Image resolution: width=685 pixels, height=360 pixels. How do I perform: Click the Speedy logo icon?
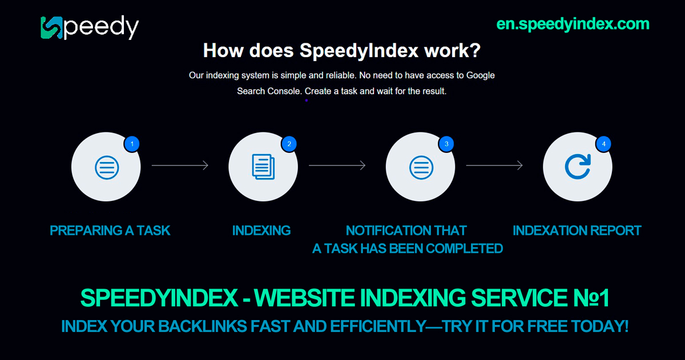pyautogui.click(x=52, y=28)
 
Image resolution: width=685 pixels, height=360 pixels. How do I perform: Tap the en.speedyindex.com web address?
pyautogui.click(x=573, y=24)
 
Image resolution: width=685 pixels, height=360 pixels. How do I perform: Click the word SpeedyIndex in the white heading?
pyautogui.click(x=358, y=50)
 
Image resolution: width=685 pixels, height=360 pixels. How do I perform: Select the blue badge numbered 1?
pyautogui.click(x=132, y=144)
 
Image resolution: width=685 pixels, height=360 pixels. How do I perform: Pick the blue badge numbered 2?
pyautogui.click(x=289, y=144)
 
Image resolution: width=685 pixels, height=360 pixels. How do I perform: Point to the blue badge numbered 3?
pyautogui.click(x=446, y=144)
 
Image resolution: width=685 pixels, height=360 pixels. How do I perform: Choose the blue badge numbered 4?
pyautogui.click(x=603, y=144)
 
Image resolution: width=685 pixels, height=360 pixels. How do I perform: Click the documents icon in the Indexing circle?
pyautogui.click(x=263, y=167)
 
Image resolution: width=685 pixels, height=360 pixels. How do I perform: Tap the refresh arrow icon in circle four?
pyautogui.click(x=578, y=167)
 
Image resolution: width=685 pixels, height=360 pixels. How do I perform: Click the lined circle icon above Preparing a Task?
pyautogui.click(x=107, y=168)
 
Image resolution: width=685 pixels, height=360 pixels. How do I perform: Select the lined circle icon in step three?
pyautogui.click(x=421, y=168)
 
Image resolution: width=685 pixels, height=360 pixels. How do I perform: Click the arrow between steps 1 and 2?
pyautogui.click(x=180, y=165)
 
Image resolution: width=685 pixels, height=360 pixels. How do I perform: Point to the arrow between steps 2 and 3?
pyautogui.click(x=337, y=165)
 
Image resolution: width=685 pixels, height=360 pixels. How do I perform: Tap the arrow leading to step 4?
pyautogui.click(x=494, y=165)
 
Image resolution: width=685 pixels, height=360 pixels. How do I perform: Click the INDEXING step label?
pyautogui.click(x=261, y=230)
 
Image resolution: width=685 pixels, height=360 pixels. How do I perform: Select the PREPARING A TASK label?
pyautogui.click(x=110, y=230)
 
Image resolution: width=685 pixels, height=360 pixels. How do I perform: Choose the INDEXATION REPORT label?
pyautogui.click(x=577, y=230)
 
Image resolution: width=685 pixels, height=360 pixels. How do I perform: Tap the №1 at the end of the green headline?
pyautogui.click(x=591, y=298)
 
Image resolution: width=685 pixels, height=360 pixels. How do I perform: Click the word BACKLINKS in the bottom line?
pyautogui.click(x=203, y=326)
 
